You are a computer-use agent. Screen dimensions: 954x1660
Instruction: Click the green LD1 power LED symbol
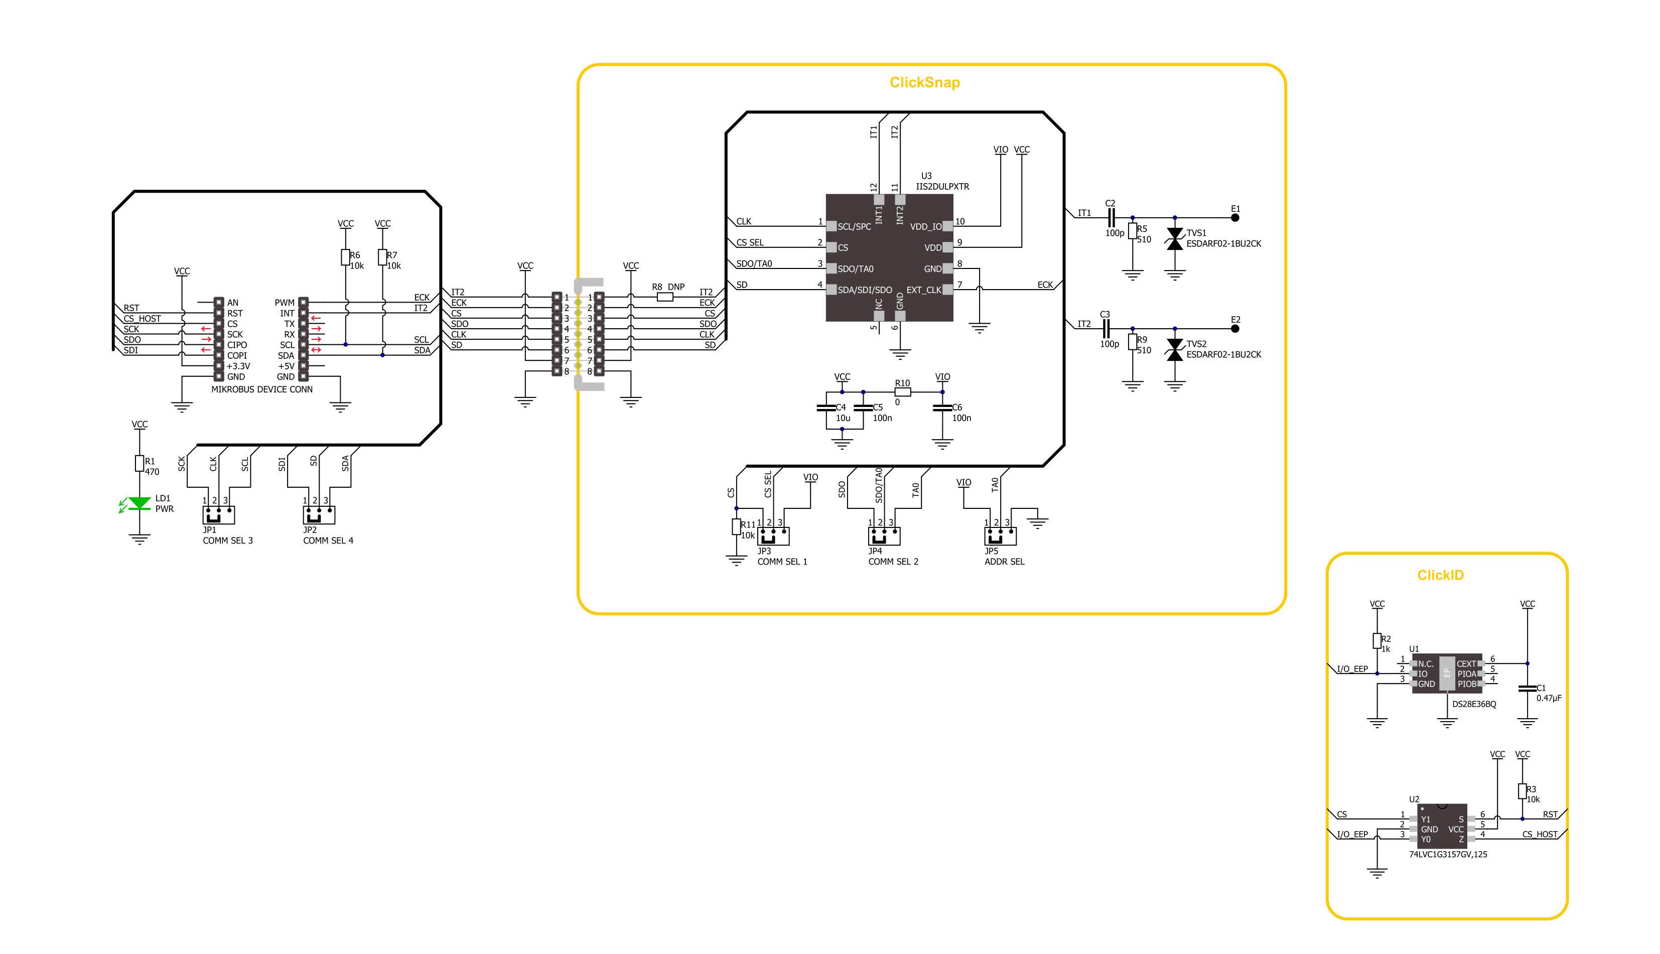click(139, 503)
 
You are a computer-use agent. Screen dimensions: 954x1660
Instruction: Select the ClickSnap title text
click(924, 83)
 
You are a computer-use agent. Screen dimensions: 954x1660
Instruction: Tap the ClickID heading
click(1440, 575)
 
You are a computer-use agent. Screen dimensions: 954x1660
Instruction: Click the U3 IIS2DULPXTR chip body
click(889, 257)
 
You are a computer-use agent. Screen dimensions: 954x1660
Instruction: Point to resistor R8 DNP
click(665, 297)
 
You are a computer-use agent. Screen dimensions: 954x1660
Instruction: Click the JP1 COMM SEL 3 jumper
click(218, 514)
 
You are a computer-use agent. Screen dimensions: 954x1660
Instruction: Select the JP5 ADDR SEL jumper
click(1000, 536)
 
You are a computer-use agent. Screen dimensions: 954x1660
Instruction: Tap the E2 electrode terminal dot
click(1235, 328)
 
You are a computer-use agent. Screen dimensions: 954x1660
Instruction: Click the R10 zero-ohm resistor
click(902, 392)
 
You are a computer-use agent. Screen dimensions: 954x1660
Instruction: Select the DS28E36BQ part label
click(1474, 705)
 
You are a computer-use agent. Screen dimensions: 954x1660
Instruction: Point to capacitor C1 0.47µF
click(1527, 688)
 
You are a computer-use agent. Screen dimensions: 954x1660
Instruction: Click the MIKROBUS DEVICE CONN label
click(261, 389)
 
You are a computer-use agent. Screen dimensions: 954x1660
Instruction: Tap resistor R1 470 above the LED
click(140, 463)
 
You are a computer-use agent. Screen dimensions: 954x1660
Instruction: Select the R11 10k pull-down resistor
click(736, 527)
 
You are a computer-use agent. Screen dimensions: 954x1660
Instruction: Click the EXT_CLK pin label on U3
click(923, 290)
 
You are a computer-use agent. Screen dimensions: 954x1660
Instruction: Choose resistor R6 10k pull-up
click(345, 257)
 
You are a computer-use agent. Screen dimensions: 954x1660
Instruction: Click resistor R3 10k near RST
click(1523, 791)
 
